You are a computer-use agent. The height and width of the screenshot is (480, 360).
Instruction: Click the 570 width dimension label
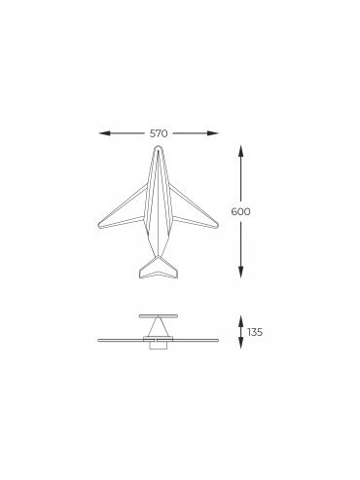159,133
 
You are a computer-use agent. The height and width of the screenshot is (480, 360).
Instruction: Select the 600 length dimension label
240,211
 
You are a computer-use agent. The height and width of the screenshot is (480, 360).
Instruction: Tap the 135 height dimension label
255,332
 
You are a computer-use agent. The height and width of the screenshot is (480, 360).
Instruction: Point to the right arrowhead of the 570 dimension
213,133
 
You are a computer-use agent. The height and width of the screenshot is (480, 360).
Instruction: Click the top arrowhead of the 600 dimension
240,151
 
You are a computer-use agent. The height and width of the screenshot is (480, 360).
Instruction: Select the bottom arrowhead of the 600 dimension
240,272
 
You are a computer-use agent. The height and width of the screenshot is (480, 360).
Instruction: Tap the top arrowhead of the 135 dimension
240,320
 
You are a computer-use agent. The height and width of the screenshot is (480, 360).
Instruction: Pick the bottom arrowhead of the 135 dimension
240,343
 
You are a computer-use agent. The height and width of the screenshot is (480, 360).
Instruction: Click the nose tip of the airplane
158,146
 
